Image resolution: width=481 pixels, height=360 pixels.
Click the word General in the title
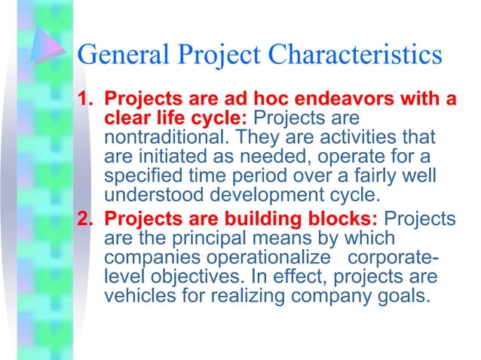[124, 54]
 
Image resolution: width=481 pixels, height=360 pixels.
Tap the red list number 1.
[86, 99]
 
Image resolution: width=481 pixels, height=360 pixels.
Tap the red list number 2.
[86, 219]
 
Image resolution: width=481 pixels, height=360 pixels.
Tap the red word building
[260, 219]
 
